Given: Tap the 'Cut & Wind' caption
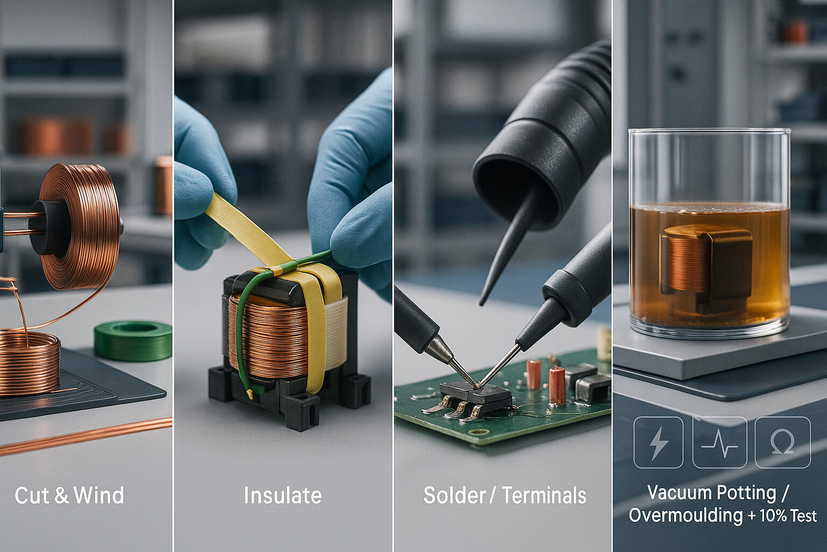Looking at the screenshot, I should point(69,495).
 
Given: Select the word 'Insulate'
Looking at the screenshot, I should point(283,495).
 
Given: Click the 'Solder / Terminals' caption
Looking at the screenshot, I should point(504,495).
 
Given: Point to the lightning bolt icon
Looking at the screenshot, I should point(658,442).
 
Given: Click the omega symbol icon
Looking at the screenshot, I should point(782,442).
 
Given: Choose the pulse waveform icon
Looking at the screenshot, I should point(720,442).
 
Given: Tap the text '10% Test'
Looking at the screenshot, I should point(788,516).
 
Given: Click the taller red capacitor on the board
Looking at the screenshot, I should point(557,385).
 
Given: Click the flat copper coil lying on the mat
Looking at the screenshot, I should point(30,361).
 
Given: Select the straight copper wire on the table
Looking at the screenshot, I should point(86,435).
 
